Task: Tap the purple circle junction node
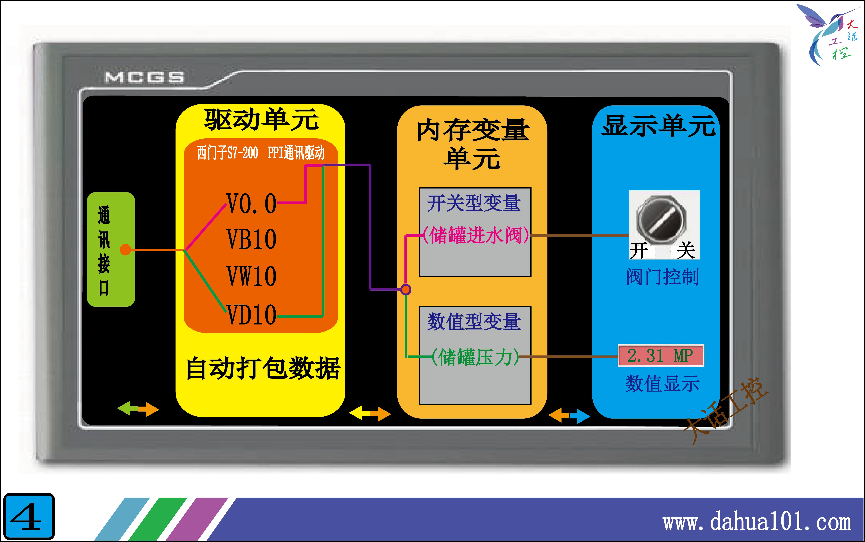[x=405, y=289]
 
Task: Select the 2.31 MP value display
[x=661, y=356]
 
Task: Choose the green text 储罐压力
[x=475, y=357]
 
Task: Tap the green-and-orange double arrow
[x=138, y=409]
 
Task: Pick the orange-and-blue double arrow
[x=569, y=416]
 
